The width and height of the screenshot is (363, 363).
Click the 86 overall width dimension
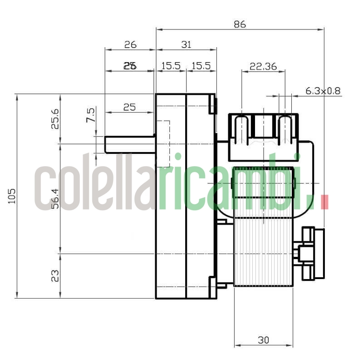[240, 25]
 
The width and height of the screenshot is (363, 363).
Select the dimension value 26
[130, 44]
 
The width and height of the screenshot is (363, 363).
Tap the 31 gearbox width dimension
[186, 44]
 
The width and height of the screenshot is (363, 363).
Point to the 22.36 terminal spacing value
[263, 66]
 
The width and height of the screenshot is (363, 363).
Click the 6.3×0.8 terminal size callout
[323, 91]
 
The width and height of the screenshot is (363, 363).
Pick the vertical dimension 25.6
[55, 118]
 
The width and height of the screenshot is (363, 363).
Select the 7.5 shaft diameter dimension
[91, 115]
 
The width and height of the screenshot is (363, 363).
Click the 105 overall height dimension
[12, 196]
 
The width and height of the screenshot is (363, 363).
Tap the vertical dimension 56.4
[55, 198]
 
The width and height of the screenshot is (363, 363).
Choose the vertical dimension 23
[55, 275]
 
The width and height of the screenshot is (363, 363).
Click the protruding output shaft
[129, 144]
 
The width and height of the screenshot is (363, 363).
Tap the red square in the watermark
[324, 202]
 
